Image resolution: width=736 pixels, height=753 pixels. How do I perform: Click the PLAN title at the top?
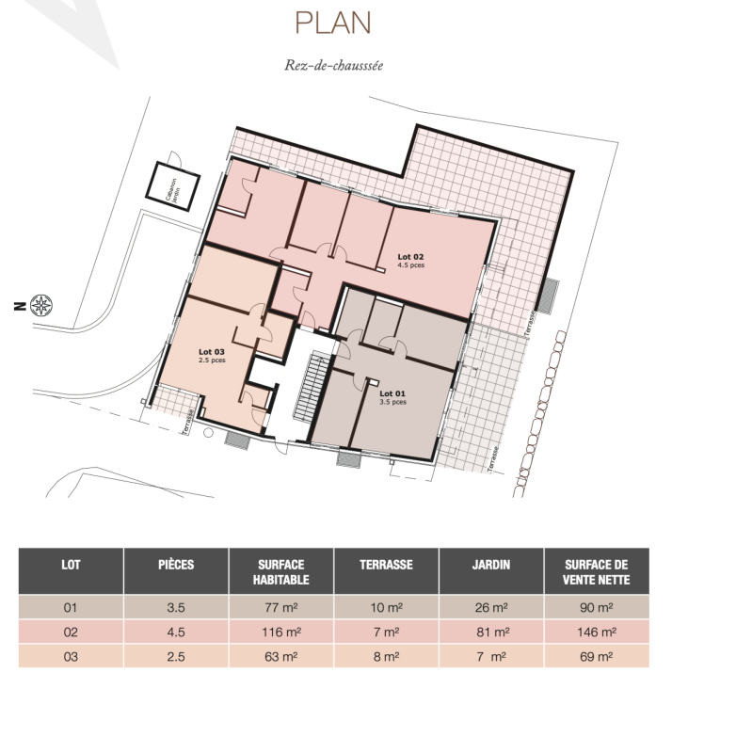pyautogui.click(x=333, y=23)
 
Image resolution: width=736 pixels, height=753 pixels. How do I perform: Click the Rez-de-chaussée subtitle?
pyautogui.click(x=334, y=65)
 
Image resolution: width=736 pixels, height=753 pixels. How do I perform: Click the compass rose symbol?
pyautogui.click(x=41, y=305)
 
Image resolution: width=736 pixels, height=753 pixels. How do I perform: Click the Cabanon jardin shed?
pyautogui.click(x=173, y=186)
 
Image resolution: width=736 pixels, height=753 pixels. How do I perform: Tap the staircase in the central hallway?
pyautogui.click(x=312, y=387)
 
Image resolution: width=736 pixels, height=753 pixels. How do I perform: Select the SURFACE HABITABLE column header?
pyautogui.click(x=280, y=571)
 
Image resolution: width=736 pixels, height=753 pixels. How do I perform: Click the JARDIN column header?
pyautogui.click(x=491, y=564)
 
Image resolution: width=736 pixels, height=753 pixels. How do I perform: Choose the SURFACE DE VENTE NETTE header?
pyautogui.click(x=597, y=571)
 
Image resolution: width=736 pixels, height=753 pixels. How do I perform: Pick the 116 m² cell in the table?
pyautogui.click(x=280, y=632)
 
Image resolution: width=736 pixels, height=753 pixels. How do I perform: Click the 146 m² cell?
pyautogui.click(x=597, y=632)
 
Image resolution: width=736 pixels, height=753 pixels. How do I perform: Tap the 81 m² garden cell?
pyautogui.click(x=492, y=632)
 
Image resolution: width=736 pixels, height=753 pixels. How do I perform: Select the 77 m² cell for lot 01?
pyautogui.click(x=280, y=607)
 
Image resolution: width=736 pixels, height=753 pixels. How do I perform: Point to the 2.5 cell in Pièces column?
pyautogui.click(x=176, y=656)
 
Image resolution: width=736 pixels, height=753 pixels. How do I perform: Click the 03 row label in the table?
pyautogui.click(x=71, y=656)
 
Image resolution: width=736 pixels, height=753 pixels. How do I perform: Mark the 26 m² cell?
pyautogui.click(x=491, y=607)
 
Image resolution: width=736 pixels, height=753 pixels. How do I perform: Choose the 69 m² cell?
pyautogui.click(x=597, y=656)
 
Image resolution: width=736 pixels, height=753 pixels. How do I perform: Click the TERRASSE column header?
pyautogui.click(x=386, y=564)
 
